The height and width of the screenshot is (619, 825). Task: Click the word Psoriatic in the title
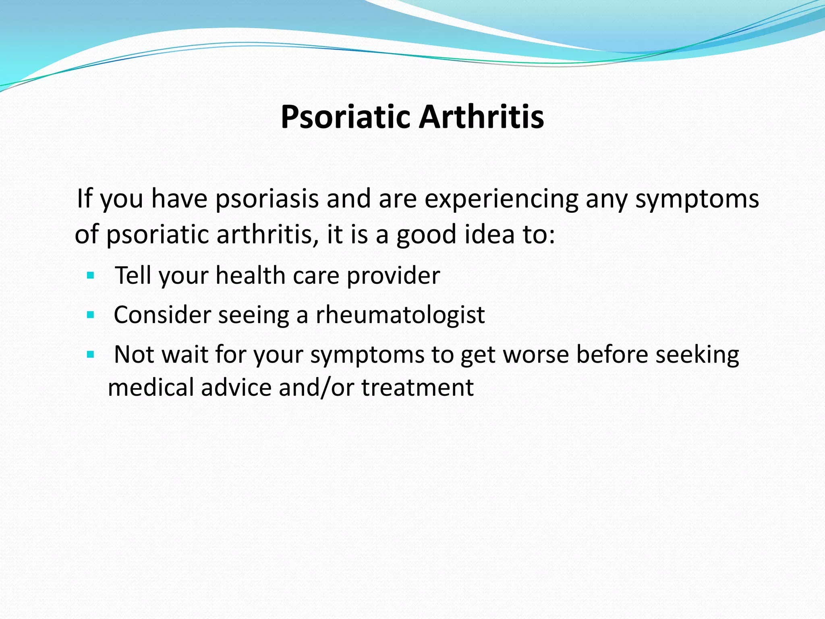pos(346,117)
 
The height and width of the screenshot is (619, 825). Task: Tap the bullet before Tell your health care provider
pos(90,276)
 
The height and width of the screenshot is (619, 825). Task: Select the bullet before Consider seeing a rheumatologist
pos(90,315)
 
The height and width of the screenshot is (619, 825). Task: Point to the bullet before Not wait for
pos(90,355)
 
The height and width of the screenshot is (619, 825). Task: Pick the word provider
pos(393,276)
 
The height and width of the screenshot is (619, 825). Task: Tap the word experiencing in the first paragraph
pos(501,199)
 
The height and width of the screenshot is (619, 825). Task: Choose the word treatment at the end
pos(417,388)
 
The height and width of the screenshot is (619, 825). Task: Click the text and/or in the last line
pos(316,388)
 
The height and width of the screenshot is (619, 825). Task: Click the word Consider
pos(162,315)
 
